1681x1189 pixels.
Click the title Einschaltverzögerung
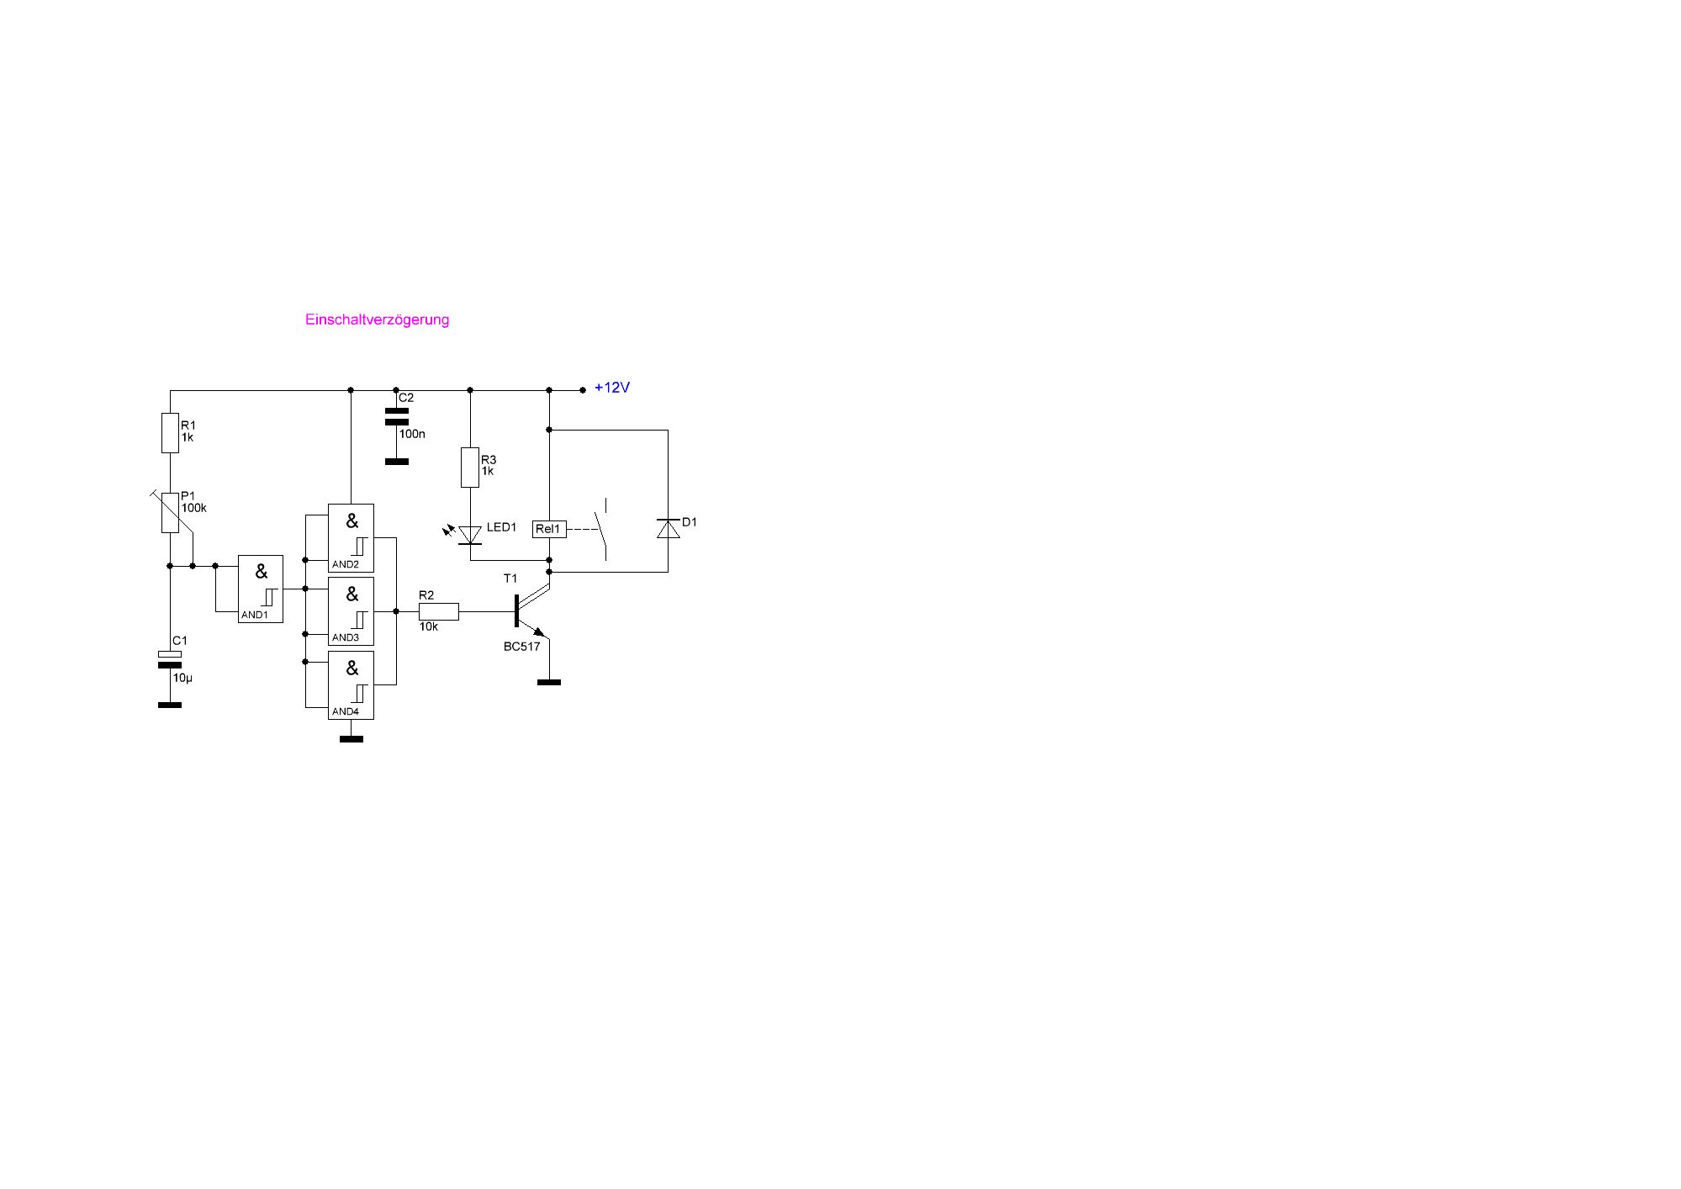tap(377, 320)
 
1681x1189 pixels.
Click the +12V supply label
tap(612, 388)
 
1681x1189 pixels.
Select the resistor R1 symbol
tap(170, 433)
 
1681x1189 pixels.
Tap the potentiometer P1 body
tap(170, 512)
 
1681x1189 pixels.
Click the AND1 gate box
tap(261, 589)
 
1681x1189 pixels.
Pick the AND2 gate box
tap(351, 538)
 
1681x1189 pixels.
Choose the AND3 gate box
tap(351, 611)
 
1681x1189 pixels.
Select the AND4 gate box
tap(351, 685)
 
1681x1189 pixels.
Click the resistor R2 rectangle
tap(439, 611)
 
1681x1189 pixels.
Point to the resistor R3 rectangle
tap(470, 468)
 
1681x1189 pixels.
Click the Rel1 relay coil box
tap(549, 529)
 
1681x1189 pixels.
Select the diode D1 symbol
tap(669, 529)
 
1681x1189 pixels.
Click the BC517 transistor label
tap(521, 647)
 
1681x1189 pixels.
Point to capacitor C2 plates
tap(396, 416)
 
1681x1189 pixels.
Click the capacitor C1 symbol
tap(170, 659)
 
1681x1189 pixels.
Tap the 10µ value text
tap(182, 678)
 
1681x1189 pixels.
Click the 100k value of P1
tap(194, 508)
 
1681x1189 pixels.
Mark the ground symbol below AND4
tap(351, 739)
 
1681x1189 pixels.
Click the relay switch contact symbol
tap(602, 530)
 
